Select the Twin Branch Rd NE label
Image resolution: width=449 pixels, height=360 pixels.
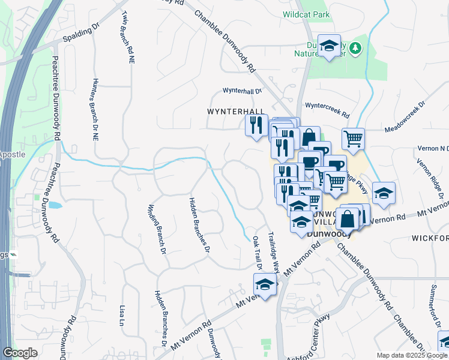click(x=127, y=37)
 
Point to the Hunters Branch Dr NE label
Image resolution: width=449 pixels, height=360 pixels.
click(x=94, y=109)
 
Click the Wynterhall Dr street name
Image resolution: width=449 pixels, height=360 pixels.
click(x=243, y=91)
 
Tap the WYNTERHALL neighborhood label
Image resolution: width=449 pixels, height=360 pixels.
click(x=235, y=112)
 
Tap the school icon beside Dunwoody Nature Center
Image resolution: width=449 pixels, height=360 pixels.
click(x=329, y=46)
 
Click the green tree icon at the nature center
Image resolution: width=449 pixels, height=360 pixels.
click(x=355, y=47)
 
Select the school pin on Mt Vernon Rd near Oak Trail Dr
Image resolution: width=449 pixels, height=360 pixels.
click(x=264, y=284)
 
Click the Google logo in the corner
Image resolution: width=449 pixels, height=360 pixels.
click(x=20, y=353)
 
